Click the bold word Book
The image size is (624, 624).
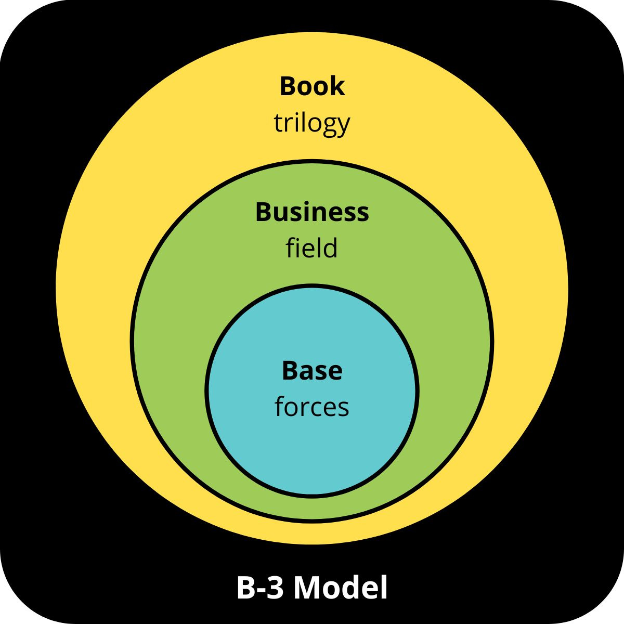[312, 86]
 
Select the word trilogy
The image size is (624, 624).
[312, 124]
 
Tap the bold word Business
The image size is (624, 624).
[312, 213]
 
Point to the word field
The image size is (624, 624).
[312, 248]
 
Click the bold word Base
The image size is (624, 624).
[312, 371]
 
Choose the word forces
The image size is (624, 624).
[312, 407]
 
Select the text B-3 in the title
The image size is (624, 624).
[261, 588]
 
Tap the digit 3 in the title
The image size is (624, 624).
[276, 588]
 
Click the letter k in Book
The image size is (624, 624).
[337, 86]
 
